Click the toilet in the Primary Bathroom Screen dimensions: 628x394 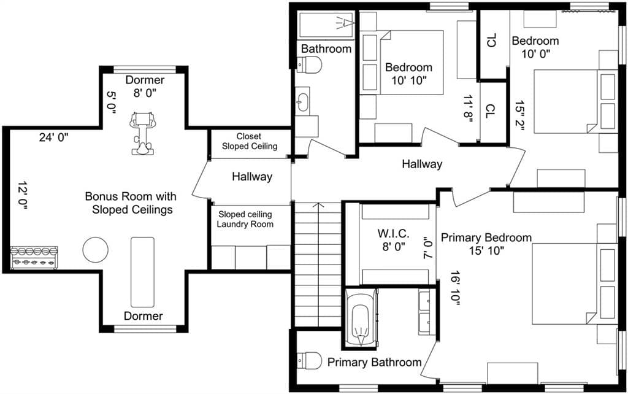pos(310,361)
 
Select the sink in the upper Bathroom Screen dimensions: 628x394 pos(302,102)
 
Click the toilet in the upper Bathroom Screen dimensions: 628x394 pos(310,64)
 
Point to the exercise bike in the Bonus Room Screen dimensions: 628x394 pos(142,133)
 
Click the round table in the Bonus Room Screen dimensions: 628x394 pos(95,249)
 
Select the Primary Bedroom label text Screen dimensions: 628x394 pos(486,238)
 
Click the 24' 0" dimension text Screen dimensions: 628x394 pos(54,137)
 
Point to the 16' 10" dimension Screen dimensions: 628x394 pos(455,288)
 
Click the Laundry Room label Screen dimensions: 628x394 pos(245,224)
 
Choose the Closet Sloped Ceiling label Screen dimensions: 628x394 pos(250,142)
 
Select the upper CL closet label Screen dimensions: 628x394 pos(492,41)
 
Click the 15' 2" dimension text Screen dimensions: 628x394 pos(519,115)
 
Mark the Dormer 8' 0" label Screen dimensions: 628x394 pos(145,86)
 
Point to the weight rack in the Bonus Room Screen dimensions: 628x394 pos(34,257)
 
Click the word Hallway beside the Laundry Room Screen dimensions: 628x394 pos(252,177)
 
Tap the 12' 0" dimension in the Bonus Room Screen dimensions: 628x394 pos(22,196)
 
